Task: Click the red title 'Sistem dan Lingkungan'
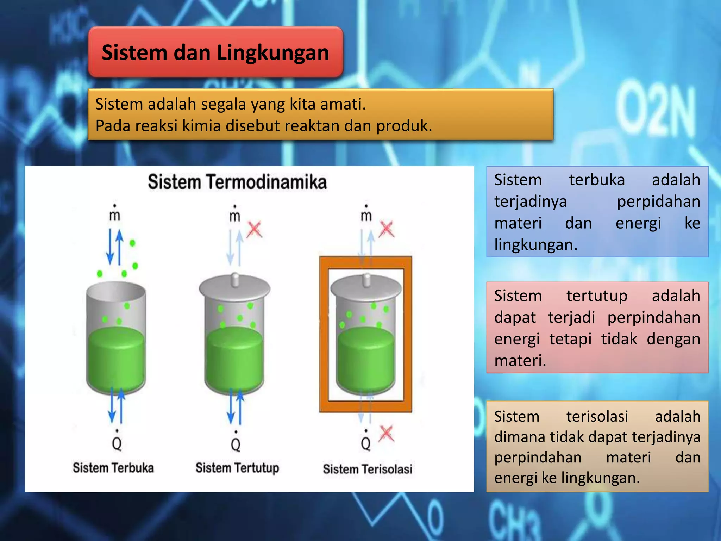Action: pyautogui.click(x=215, y=53)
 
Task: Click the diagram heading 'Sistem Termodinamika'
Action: pyautogui.click(x=237, y=182)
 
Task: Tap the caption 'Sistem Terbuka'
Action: pyautogui.click(x=113, y=468)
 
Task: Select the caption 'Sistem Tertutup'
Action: pyautogui.click(x=237, y=468)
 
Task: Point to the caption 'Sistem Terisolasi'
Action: pyautogui.click(x=368, y=469)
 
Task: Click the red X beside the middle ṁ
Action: pyautogui.click(x=254, y=230)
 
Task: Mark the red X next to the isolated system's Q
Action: pyautogui.click(x=386, y=434)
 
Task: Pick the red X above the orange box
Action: pyautogui.click(x=387, y=229)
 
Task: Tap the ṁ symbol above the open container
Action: pyautogui.click(x=115, y=214)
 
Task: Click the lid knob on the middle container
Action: pyautogui.click(x=235, y=280)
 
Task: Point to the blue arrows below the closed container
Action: pyautogui.click(x=236, y=407)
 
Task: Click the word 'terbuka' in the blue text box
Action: pyautogui.click(x=597, y=180)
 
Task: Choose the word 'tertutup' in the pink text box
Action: pyautogui.click(x=597, y=296)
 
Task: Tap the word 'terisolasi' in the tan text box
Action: pyautogui.click(x=597, y=417)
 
